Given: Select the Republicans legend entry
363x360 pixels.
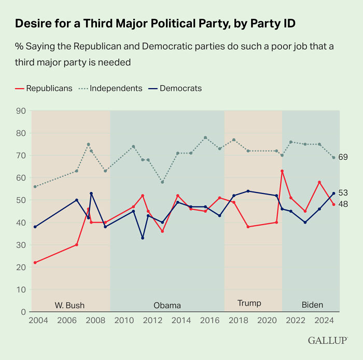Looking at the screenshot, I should click(x=44, y=88).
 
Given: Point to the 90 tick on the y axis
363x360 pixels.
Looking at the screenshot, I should click(x=21, y=110).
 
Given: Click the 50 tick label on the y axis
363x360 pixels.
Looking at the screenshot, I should click(x=21, y=200).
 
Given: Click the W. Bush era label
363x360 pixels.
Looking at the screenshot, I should click(x=69, y=304).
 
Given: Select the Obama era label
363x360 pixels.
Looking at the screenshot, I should click(x=167, y=304).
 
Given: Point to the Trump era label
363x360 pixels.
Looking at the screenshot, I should click(x=249, y=303).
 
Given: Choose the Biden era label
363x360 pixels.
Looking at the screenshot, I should click(x=312, y=304).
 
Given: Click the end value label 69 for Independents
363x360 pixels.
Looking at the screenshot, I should click(x=343, y=157).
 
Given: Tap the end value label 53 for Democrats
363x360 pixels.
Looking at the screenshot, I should click(x=343, y=192).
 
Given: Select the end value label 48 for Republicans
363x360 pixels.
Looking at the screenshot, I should click(x=343, y=204).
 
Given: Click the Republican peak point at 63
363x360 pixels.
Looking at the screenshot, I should click(x=282, y=171).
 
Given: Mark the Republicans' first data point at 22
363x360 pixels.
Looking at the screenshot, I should click(x=35, y=262).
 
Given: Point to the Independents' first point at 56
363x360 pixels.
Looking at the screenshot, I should click(x=35, y=187).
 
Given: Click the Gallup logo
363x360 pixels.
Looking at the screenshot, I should click(x=328, y=341).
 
